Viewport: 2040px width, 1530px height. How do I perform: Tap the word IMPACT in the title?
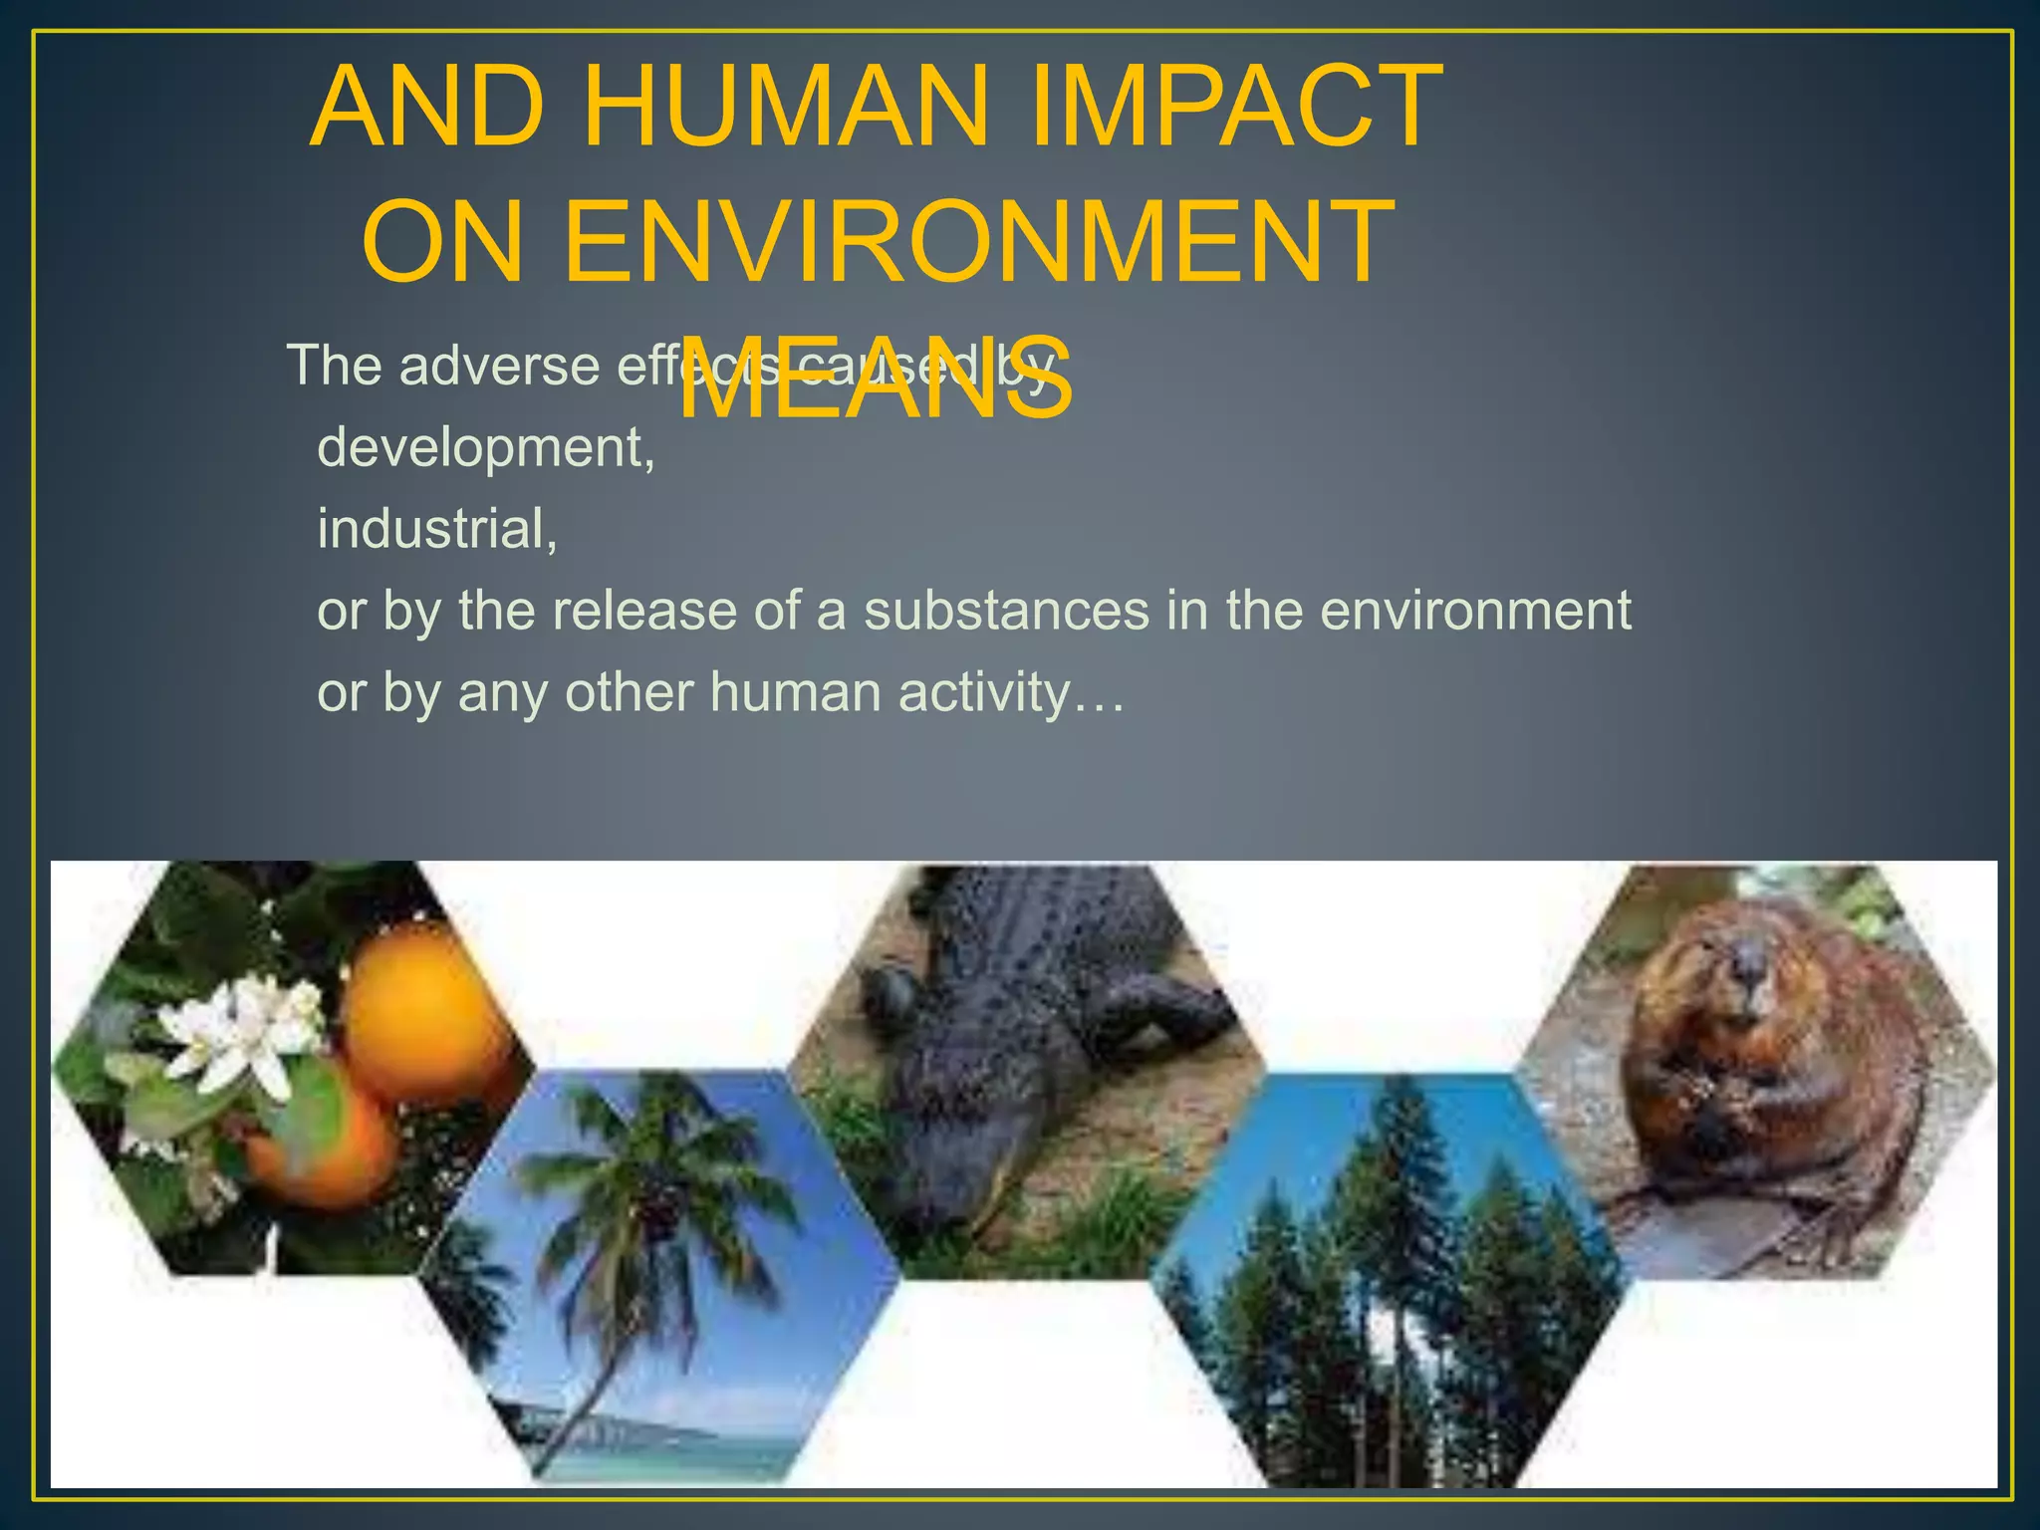(1235, 107)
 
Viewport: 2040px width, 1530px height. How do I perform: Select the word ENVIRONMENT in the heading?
(976, 242)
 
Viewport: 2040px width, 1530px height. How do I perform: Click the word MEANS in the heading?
(877, 380)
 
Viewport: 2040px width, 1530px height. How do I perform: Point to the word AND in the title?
(428, 107)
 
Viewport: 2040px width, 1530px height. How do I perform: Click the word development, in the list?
(486, 448)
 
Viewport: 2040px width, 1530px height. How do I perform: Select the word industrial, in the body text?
(437, 529)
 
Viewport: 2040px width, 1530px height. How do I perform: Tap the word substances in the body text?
(1006, 610)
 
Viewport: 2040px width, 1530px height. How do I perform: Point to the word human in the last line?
(795, 691)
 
